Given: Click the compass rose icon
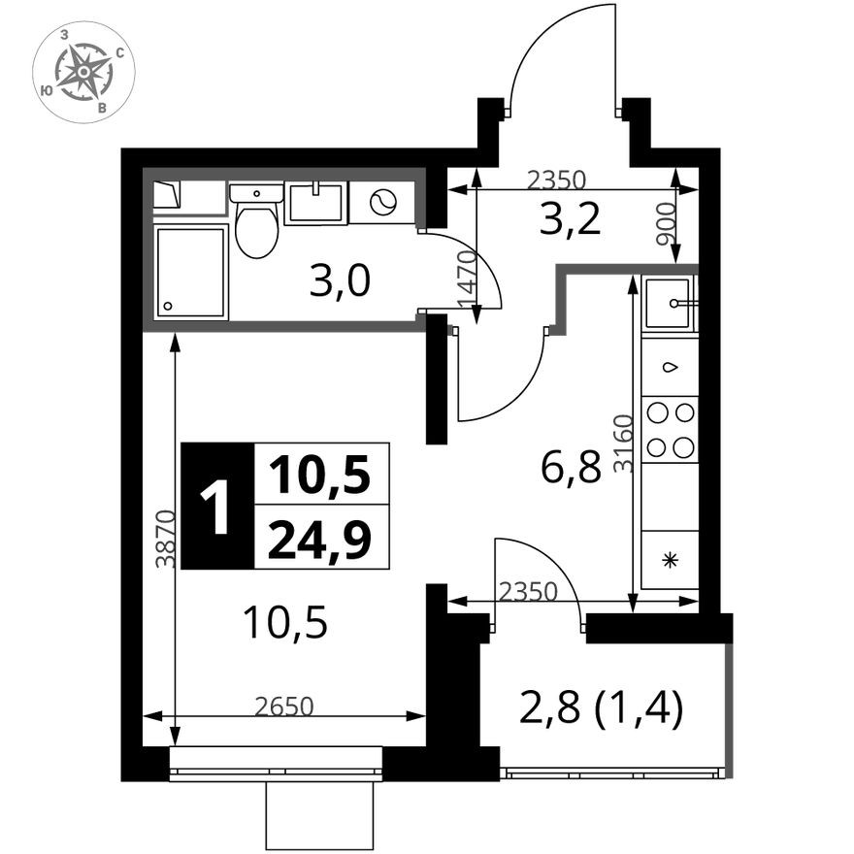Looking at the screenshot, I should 83,72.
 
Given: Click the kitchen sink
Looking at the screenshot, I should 670,303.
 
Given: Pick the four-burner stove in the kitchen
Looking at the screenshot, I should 671,429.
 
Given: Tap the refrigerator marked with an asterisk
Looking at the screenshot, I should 670,559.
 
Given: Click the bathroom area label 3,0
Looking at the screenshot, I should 340,282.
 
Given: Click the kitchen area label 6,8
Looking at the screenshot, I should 571,470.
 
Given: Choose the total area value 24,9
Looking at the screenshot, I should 319,539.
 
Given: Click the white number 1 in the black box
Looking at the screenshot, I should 215,507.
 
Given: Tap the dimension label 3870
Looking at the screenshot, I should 166,538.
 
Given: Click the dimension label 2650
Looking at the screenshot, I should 285,706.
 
